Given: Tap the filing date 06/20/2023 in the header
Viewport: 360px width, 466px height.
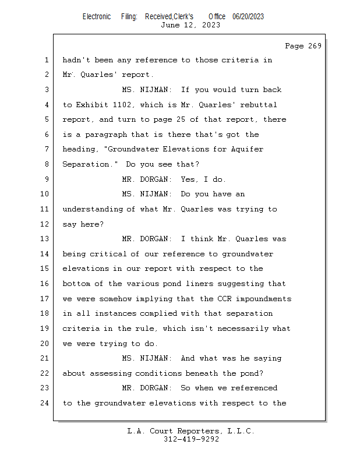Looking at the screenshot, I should [x=248, y=16].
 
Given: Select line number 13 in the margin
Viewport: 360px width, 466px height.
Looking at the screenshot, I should [x=45, y=239].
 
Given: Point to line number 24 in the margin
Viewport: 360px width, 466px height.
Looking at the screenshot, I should [x=45, y=403].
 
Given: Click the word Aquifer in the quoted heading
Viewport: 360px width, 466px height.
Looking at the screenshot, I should [x=248, y=149].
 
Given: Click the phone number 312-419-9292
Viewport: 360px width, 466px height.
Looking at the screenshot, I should [x=192, y=439].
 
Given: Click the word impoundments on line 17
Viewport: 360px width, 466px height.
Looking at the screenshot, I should [x=264, y=299].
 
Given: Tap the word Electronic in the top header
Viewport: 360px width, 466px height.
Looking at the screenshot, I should [x=97, y=16].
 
